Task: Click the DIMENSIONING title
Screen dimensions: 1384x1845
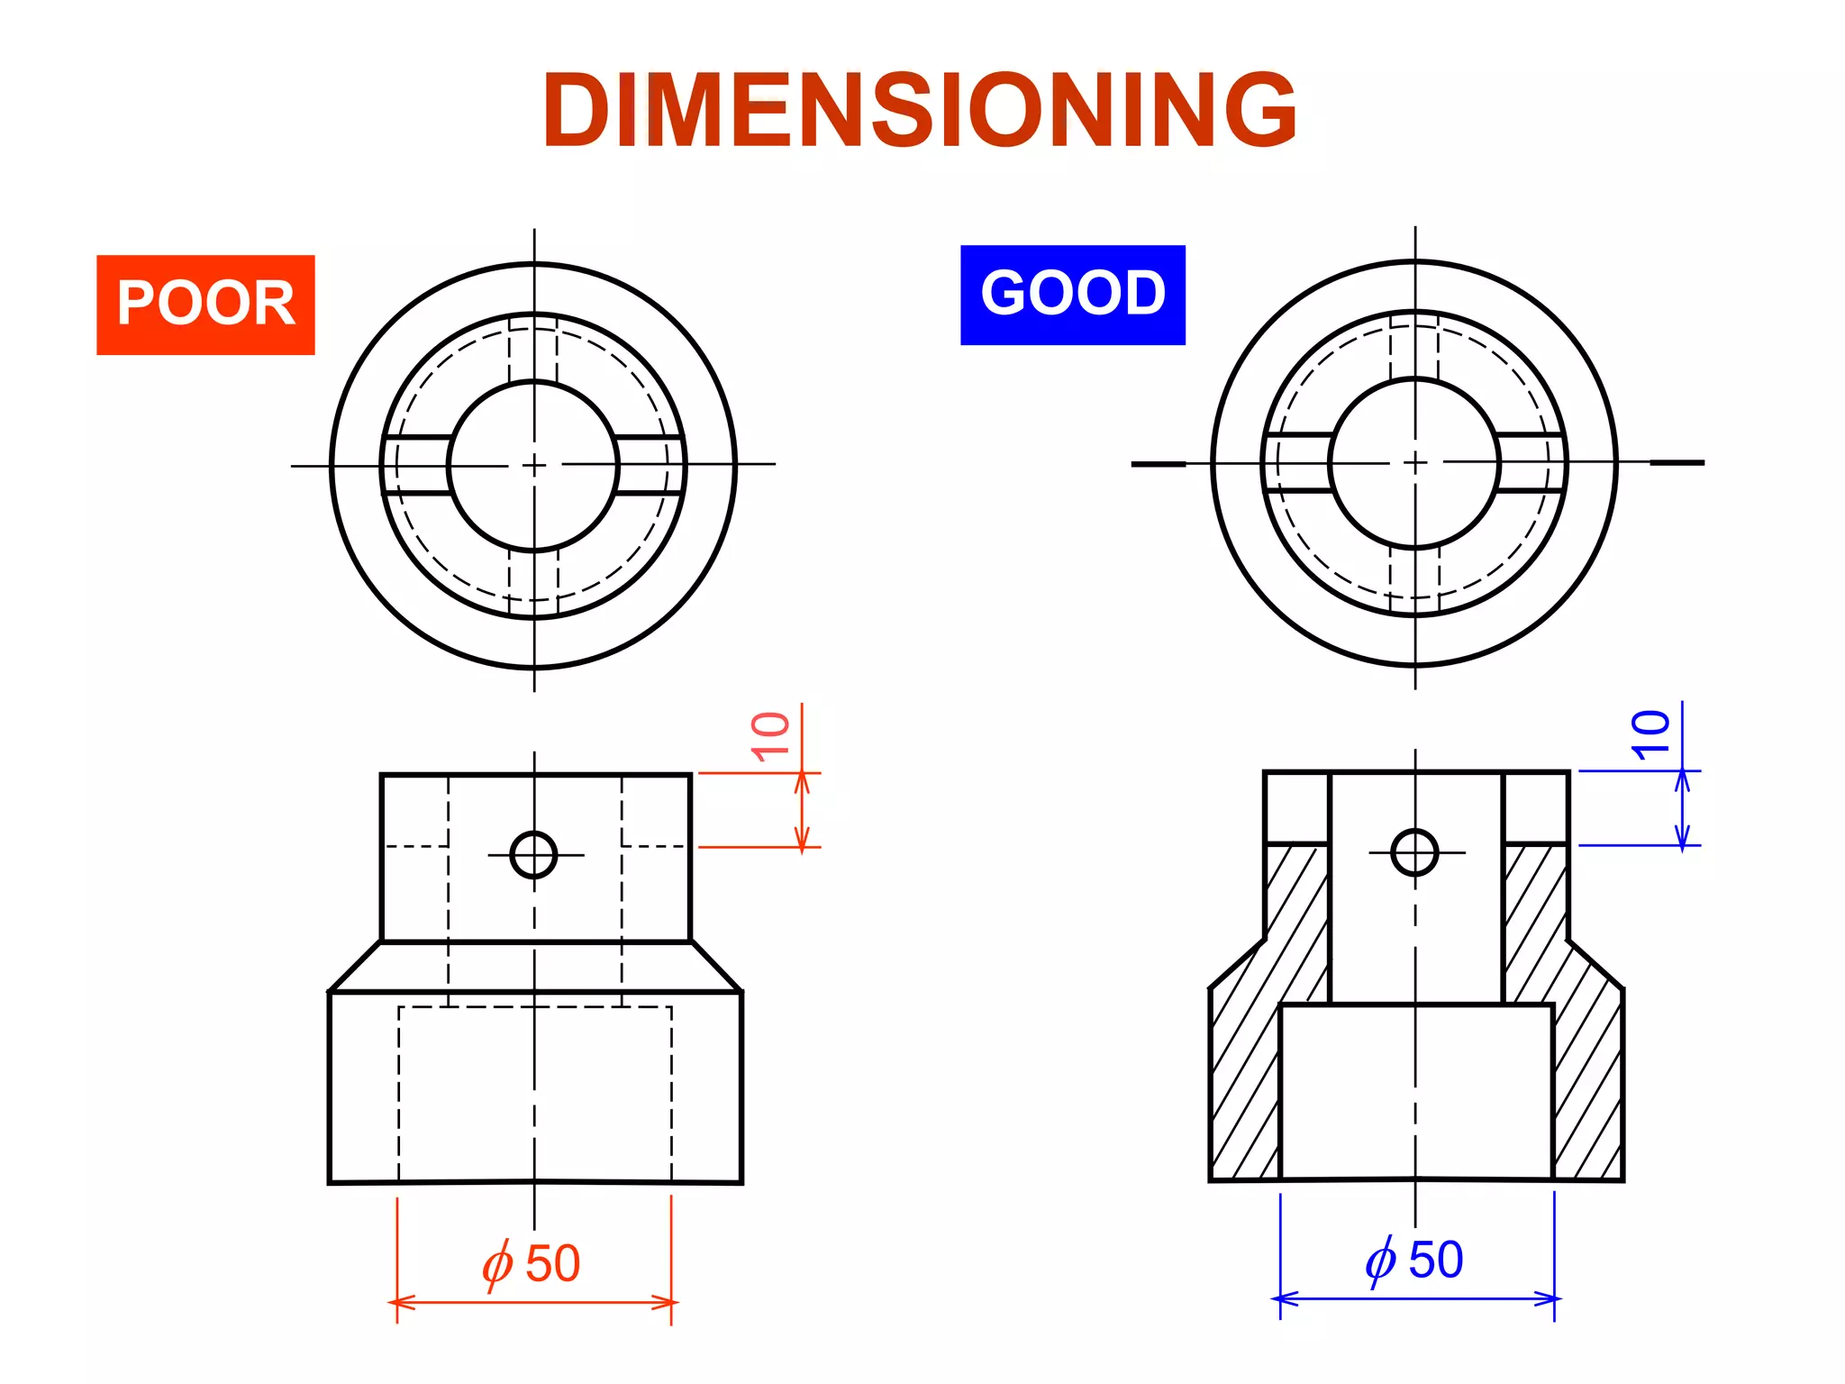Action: [x=919, y=110]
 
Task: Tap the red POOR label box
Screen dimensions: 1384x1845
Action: [x=205, y=305]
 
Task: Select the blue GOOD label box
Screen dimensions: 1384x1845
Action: [x=1072, y=295]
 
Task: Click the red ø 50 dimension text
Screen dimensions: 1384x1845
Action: [x=531, y=1263]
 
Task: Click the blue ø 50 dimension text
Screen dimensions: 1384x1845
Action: [x=1413, y=1260]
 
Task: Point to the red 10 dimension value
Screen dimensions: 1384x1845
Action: [x=770, y=736]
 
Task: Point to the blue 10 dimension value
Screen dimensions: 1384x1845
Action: [x=1650, y=734]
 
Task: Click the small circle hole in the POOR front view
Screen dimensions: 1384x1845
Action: [x=533, y=854]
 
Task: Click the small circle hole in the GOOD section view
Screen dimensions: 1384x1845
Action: [x=1414, y=852]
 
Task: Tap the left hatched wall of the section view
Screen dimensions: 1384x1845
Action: [x=1248, y=1063]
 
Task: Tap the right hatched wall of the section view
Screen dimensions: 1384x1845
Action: [x=1586, y=1063]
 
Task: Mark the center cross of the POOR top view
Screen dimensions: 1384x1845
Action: [x=534, y=465]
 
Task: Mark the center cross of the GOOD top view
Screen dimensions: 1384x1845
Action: [x=1415, y=462]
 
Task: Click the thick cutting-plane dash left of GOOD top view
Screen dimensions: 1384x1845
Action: [x=1159, y=464]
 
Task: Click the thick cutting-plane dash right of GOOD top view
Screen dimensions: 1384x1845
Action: [x=1677, y=463]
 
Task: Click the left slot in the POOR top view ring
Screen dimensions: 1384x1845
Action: [x=416, y=465]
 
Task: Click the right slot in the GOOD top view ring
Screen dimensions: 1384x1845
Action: [x=1531, y=462]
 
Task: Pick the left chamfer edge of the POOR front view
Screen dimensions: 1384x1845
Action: [x=355, y=967]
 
